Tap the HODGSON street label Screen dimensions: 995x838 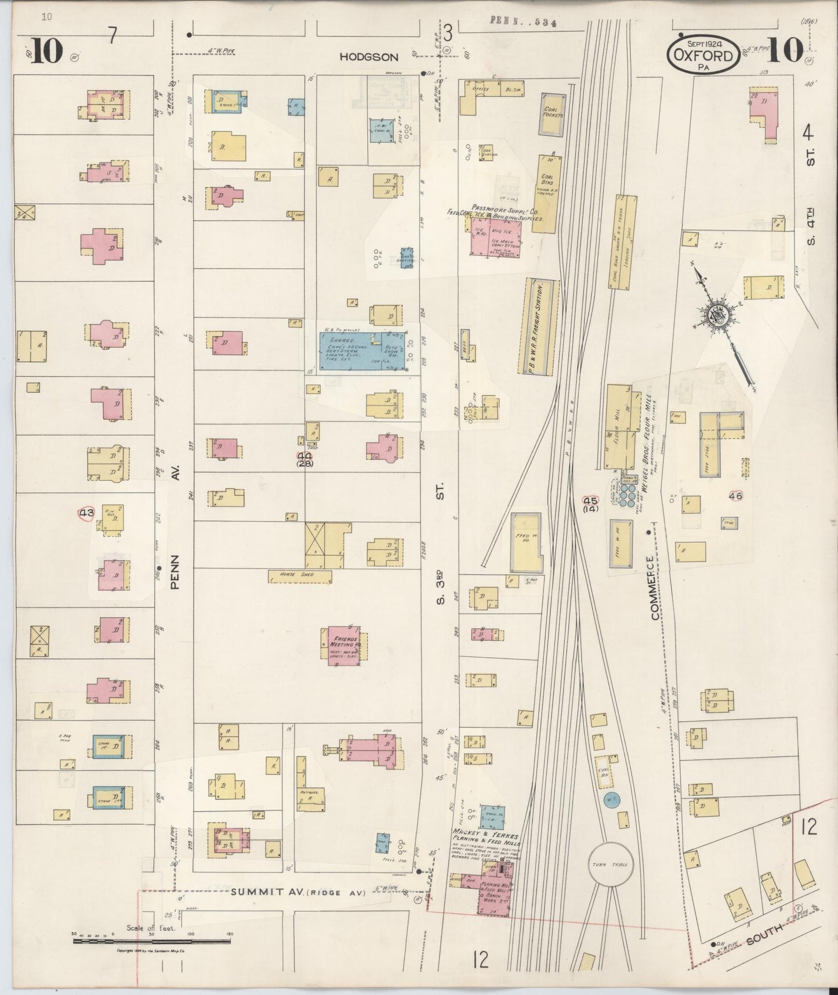[369, 57]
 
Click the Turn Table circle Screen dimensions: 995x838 [611, 865]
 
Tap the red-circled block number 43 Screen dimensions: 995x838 [86, 513]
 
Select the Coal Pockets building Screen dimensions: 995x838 [552, 113]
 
